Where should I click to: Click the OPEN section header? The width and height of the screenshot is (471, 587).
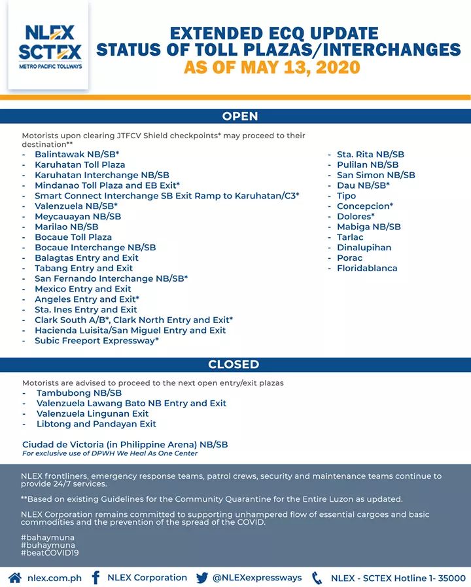(x=240, y=117)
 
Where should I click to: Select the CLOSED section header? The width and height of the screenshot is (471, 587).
(x=234, y=364)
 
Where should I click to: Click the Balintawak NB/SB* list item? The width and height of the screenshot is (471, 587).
(x=77, y=154)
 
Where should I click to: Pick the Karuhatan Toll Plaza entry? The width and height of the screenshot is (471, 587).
(x=80, y=164)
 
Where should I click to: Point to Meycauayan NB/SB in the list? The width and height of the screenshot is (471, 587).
(x=78, y=216)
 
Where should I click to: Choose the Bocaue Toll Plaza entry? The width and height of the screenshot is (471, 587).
(x=73, y=237)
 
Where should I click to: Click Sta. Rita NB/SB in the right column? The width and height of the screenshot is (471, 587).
(x=370, y=154)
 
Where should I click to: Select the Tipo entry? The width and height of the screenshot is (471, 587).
(x=346, y=196)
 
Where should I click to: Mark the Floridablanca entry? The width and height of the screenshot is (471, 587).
(x=367, y=268)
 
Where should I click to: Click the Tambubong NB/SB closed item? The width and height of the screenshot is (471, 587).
(x=79, y=392)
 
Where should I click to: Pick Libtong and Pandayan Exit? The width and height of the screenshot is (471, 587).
(x=96, y=424)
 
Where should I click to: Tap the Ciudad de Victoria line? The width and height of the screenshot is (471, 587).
(x=125, y=444)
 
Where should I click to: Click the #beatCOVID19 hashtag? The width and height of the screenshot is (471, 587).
(x=50, y=554)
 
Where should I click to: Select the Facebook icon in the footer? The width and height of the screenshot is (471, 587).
(x=96, y=578)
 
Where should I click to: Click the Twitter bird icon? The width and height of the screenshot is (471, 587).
(x=201, y=578)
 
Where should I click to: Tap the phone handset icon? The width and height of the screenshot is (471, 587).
(x=317, y=578)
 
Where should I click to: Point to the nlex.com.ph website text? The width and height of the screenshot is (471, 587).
(x=55, y=578)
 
